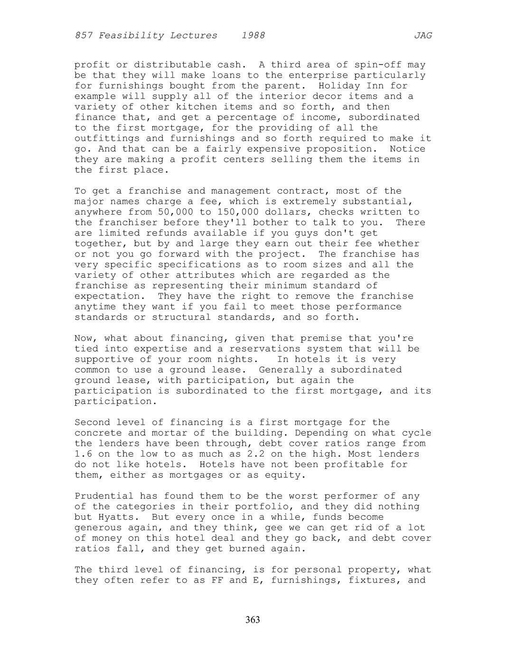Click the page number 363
(253, 620)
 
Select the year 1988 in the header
(253, 36)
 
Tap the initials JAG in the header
(422, 36)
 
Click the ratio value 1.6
(83, 454)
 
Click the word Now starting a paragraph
(83, 338)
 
